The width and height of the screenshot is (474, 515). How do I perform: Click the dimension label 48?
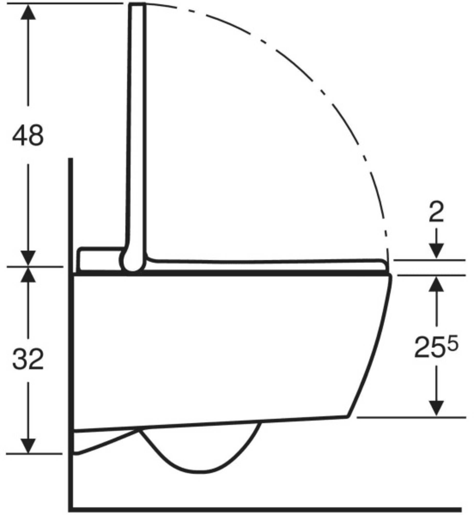[x=28, y=136]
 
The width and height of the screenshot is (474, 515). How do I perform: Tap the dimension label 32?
[x=28, y=359]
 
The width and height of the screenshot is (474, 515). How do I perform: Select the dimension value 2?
[x=436, y=212]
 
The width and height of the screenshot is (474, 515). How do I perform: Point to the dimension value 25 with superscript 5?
[x=436, y=347]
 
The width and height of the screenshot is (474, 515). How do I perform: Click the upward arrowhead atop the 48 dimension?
[x=28, y=12]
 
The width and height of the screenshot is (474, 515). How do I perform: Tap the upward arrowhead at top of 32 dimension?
[x=28, y=274]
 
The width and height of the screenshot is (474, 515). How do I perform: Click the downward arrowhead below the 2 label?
[x=436, y=251]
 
